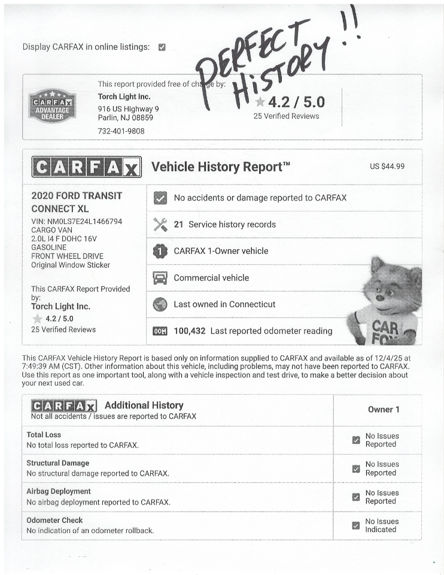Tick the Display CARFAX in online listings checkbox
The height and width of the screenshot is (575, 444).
[x=162, y=47]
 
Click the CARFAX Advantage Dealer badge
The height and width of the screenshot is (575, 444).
[x=53, y=106]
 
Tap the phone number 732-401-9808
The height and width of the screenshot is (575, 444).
[x=121, y=131]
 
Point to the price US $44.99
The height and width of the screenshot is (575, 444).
[x=387, y=166]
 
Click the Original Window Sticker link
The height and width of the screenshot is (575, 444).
[x=71, y=265]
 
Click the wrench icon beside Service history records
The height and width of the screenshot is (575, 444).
[x=160, y=225]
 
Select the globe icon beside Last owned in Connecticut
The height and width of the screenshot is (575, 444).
[x=160, y=304]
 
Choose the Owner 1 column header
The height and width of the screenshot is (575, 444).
[x=384, y=410]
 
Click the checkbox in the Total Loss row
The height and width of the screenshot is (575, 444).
[x=356, y=440]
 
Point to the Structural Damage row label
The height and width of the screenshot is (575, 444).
[x=57, y=463]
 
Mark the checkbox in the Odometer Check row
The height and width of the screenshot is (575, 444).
[x=356, y=525]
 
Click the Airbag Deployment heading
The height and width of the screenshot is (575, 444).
[x=59, y=491]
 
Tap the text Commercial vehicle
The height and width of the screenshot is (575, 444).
[x=211, y=278]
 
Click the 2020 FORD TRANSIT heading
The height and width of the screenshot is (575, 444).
[x=76, y=196]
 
